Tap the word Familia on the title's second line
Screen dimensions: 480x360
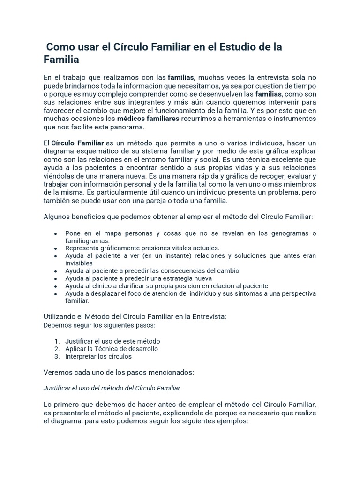point(61,60)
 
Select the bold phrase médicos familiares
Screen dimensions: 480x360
point(148,119)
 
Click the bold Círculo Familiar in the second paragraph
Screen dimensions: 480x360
point(77,142)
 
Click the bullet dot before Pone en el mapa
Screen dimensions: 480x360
point(56,233)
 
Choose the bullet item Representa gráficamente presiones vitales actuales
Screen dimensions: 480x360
point(142,248)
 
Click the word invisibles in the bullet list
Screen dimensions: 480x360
point(79,263)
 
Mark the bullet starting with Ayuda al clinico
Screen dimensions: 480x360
point(166,285)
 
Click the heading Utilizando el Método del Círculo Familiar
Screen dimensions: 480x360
point(135,316)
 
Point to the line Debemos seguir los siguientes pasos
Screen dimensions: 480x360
point(99,325)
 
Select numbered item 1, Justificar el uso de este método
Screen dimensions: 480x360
point(112,341)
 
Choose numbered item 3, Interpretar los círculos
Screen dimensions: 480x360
point(98,356)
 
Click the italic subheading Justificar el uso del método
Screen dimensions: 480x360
point(112,388)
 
